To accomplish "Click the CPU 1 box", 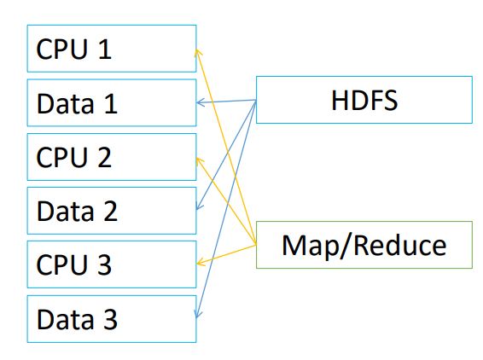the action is click(x=112, y=49).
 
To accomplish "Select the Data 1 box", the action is click(x=112, y=103).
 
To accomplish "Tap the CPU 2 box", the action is click(x=112, y=157).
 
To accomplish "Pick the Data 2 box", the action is click(x=112, y=211).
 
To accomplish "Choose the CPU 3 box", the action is click(x=112, y=264).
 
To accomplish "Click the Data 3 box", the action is click(x=112, y=319).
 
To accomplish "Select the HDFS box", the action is click(x=364, y=100).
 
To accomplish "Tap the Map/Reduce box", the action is click(x=364, y=245).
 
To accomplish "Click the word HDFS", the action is click(x=364, y=100).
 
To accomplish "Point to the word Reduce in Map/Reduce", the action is click(x=400, y=246).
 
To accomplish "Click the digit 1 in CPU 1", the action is click(x=106, y=49).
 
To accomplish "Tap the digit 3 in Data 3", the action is click(x=111, y=319).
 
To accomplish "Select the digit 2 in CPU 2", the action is click(x=105, y=157).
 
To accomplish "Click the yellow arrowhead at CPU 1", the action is click(x=198, y=52).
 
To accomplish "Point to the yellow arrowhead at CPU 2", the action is click(x=200, y=161).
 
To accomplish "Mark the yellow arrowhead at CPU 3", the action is click(x=201, y=263).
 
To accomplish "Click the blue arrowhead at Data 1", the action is click(x=201, y=102).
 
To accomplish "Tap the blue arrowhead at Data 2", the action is click(x=199, y=206).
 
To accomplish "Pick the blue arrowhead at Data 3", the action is click(x=198, y=314).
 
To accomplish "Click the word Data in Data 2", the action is click(x=66, y=211).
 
